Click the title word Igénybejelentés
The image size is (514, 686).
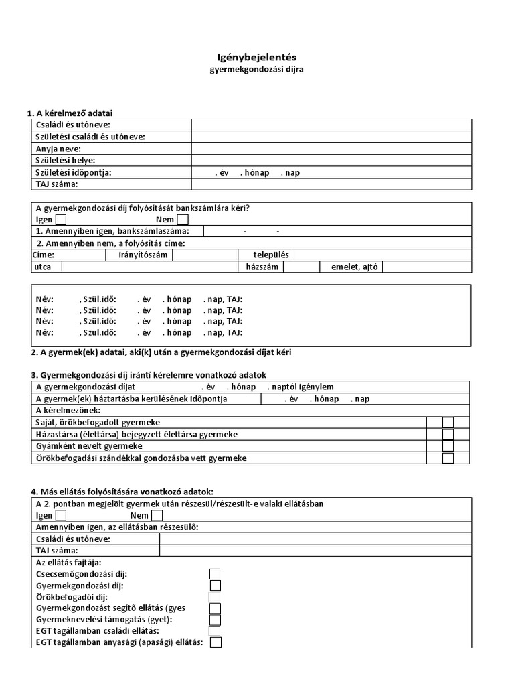click(x=256, y=58)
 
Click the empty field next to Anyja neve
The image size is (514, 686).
click(x=331, y=149)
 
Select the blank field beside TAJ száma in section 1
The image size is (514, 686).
click(x=331, y=184)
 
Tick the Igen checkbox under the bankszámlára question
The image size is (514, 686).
click(x=61, y=219)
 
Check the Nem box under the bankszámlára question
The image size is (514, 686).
click(x=183, y=219)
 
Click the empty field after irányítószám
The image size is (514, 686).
click(x=205, y=255)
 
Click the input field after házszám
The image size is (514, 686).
click(x=301, y=267)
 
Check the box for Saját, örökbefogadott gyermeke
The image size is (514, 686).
click(x=448, y=423)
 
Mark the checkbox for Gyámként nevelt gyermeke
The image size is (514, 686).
click(x=448, y=446)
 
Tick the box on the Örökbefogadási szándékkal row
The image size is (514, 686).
click(x=448, y=458)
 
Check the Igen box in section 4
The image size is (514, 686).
click(x=61, y=515)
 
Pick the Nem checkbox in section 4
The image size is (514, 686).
click(x=157, y=515)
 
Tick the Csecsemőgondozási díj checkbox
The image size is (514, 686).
click(x=215, y=574)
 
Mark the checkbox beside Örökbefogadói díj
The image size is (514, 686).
click(x=215, y=597)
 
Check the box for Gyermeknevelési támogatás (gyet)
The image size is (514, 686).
click(x=215, y=620)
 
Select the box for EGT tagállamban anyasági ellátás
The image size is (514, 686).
click(x=216, y=642)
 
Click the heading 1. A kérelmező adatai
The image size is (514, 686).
click(x=74, y=113)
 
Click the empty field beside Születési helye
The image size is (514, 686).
click(x=331, y=161)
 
